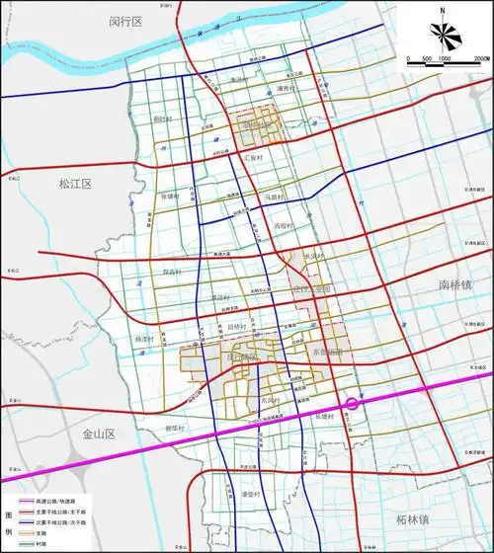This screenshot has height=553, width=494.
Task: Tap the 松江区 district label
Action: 74,184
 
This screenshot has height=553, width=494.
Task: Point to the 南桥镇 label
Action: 457,285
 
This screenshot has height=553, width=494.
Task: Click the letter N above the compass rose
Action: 446,11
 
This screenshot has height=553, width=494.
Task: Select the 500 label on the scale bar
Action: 428,59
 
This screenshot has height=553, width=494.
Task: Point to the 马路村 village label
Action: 274,197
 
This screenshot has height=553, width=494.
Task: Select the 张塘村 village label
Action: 170,197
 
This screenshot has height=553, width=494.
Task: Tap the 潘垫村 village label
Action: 249,494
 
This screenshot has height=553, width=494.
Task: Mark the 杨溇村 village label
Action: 145,338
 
